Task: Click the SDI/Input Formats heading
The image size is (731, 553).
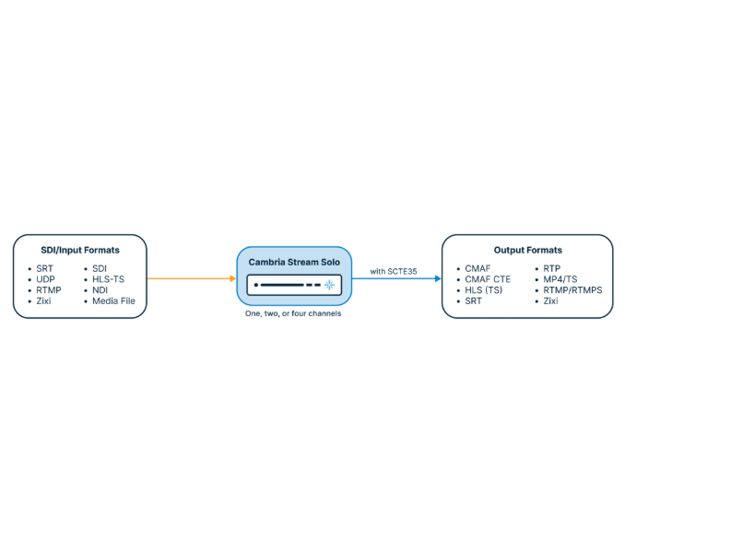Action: pyautogui.click(x=80, y=251)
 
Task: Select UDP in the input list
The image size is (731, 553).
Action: pyautogui.click(x=45, y=279)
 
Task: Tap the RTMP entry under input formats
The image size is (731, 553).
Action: pyautogui.click(x=49, y=290)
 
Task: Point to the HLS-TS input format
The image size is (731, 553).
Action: pyautogui.click(x=108, y=279)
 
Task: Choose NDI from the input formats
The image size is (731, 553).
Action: pyautogui.click(x=100, y=290)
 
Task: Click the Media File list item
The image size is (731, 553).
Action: pyautogui.click(x=113, y=300)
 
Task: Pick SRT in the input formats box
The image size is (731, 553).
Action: pyautogui.click(x=44, y=268)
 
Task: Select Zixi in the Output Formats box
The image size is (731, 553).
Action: pyautogui.click(x=550, y=300)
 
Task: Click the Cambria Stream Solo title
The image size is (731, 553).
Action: pyautogui.click(x=294, y=262)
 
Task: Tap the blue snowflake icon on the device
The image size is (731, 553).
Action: pyautogui.click(x=329, y=285)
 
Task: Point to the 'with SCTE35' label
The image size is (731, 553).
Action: pyautogui.click(x=394, y=271)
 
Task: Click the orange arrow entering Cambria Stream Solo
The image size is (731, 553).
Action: pyautogui.click(x=192, y=279)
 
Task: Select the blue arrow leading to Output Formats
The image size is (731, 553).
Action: pyautogui.click(x=396, y=279)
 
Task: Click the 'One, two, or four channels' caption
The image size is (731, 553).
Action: pyautogui.click(x=293, y=313)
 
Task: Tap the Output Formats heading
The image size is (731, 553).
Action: pyautogui.click(x=527, y=251)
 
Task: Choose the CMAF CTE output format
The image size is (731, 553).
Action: pyautogui.click(x=488, y=279)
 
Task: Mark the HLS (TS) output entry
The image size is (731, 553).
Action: pyautogui.click(x=483, y=290)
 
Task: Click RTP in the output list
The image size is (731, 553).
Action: pyautogui.click(x=551, y=268)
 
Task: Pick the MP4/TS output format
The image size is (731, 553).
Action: pyautogui.click(x=560, y=279)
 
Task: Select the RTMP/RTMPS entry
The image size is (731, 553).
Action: pyautogui.click(x=572, y=290)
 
